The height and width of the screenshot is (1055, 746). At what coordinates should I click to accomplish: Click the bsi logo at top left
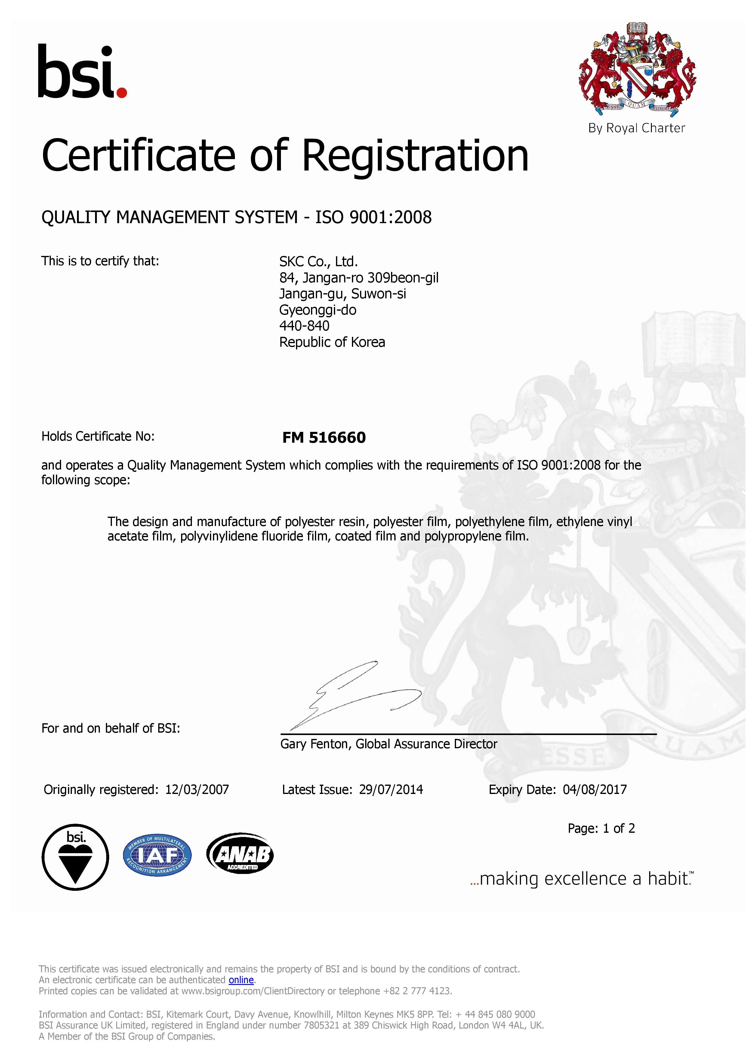click(x=82, y=72)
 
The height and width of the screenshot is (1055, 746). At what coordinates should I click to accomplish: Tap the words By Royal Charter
click(x=637, y=128)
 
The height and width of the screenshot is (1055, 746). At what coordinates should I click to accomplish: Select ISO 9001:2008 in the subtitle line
click(x=373, y=217)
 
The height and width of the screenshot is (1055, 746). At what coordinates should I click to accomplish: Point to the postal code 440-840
click(x=304, y=326)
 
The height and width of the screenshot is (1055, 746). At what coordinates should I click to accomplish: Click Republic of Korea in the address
click(x=332, y=342)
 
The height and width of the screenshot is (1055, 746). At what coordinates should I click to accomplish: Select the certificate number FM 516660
click(x=324, y=438)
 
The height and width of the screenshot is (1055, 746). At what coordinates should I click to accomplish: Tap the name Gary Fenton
click(x=316, y=744)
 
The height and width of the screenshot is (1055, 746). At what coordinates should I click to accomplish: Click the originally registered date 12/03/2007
click(x=197, y=790)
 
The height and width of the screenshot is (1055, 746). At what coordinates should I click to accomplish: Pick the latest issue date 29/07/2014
click(x=391, y=790)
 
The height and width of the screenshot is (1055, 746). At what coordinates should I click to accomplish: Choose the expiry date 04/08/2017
click(x=594, y=790)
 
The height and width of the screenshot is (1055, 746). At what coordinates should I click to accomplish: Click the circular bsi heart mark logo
click(x=76, y=857)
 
